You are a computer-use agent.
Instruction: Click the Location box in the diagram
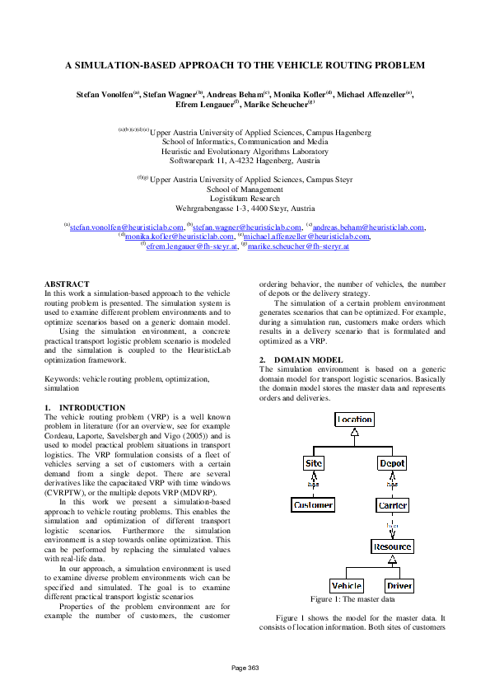pos(354,420)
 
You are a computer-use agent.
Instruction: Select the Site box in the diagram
pos(314,463)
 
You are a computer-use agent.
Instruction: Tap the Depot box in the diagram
pos(392,463)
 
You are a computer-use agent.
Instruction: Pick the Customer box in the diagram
pos(314,504)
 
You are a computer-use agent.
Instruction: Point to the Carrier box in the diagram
pos(392,504)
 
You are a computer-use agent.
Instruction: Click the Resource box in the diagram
pos(392,546)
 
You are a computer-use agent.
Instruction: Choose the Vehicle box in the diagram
pos(346,586)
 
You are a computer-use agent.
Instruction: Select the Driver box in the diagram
pos(399,586)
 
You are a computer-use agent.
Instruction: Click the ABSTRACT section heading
pos(67,284)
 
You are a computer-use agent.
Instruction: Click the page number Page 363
pos(245,667)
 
